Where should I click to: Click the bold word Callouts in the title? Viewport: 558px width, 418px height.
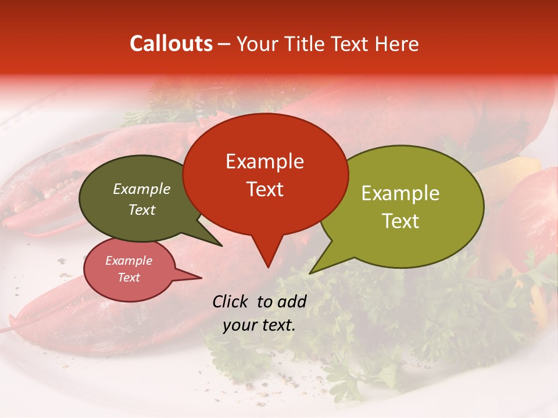pyautogui.click(x=171, y=44)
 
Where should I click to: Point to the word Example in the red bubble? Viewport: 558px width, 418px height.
pyautogui.click(x=264, y=161)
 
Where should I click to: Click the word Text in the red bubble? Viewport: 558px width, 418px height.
pyautogui.click(x=264, y=189)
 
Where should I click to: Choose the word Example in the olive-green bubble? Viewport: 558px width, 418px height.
pyautogui.click(x=400, y=193)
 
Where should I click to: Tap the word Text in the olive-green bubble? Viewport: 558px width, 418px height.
pyautogui.click(x=400, y=221)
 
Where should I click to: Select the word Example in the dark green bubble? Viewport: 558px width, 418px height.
pyautogui.click(x=142, y=189)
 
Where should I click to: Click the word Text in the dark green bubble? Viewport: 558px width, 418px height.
pyautogui.click(x=142, y=210)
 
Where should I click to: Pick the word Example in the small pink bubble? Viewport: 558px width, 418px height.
pyautogui.click(x=128, y=261)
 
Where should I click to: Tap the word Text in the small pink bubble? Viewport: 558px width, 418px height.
pyautogui.click(x=128, y=278)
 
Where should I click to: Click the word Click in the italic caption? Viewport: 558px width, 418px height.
pyautogui.click(x=231, y=301)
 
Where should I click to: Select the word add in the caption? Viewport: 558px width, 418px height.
pyautogui.click(x=292, y=301)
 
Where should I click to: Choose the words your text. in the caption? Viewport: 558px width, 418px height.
pyautogui.click(x=259, y=325)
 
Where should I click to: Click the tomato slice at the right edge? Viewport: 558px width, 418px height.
pyautogui.click(x=532, y=215)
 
